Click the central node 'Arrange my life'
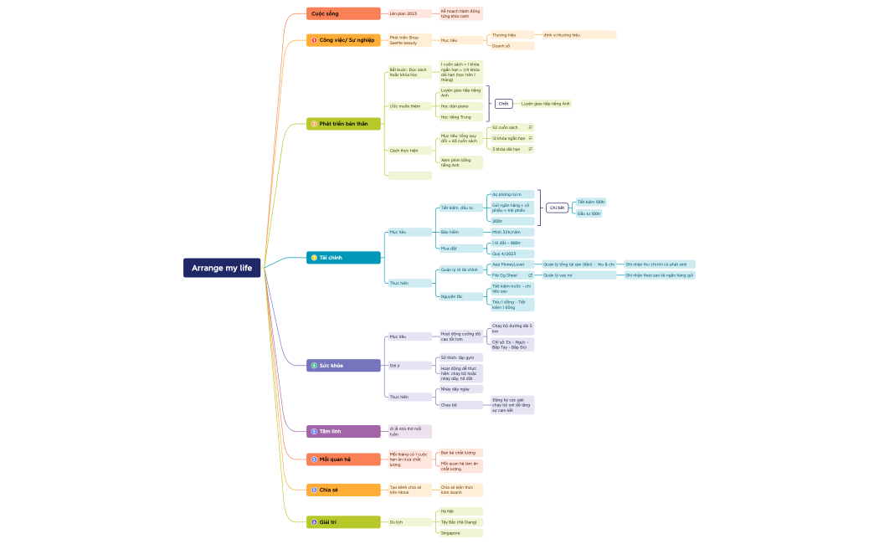point(222,268)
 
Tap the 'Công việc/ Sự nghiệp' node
point(343,40)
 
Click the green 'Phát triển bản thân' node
point(343,124)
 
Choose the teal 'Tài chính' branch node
point(343,258)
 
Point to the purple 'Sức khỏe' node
point(343,366)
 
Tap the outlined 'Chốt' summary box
point(503,104)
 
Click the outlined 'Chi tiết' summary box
point(557,208)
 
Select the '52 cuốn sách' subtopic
point(506,127)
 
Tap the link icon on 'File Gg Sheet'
point(530,275)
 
